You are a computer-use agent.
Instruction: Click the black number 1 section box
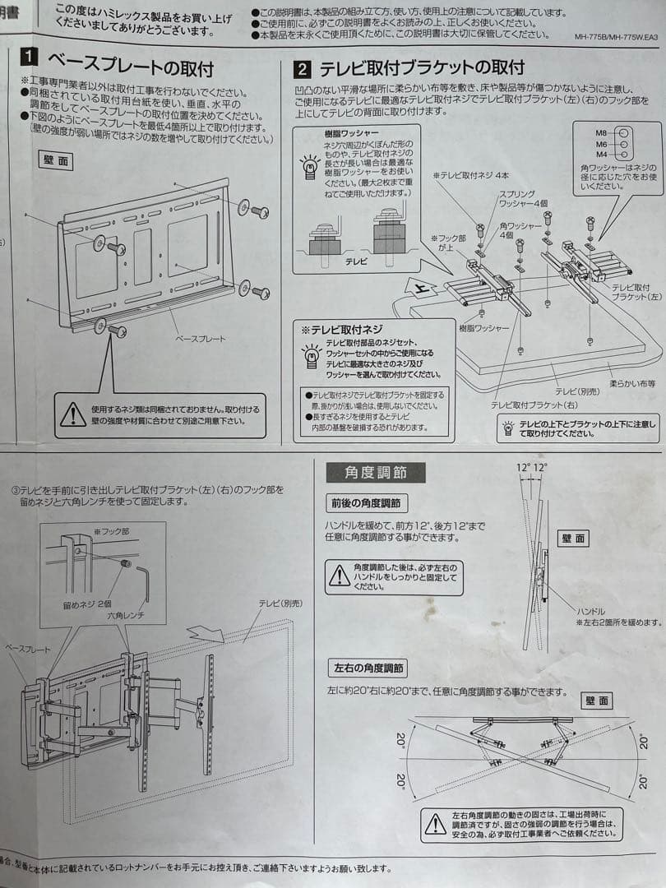30,59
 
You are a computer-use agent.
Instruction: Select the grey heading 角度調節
375,473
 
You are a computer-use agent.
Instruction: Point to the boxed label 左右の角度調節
367,668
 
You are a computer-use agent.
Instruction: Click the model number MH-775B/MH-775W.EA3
616,37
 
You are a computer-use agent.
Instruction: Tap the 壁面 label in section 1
55,160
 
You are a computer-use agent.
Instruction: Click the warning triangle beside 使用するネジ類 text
73,414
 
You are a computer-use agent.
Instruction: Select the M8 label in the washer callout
602,132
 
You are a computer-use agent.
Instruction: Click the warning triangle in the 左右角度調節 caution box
435,823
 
